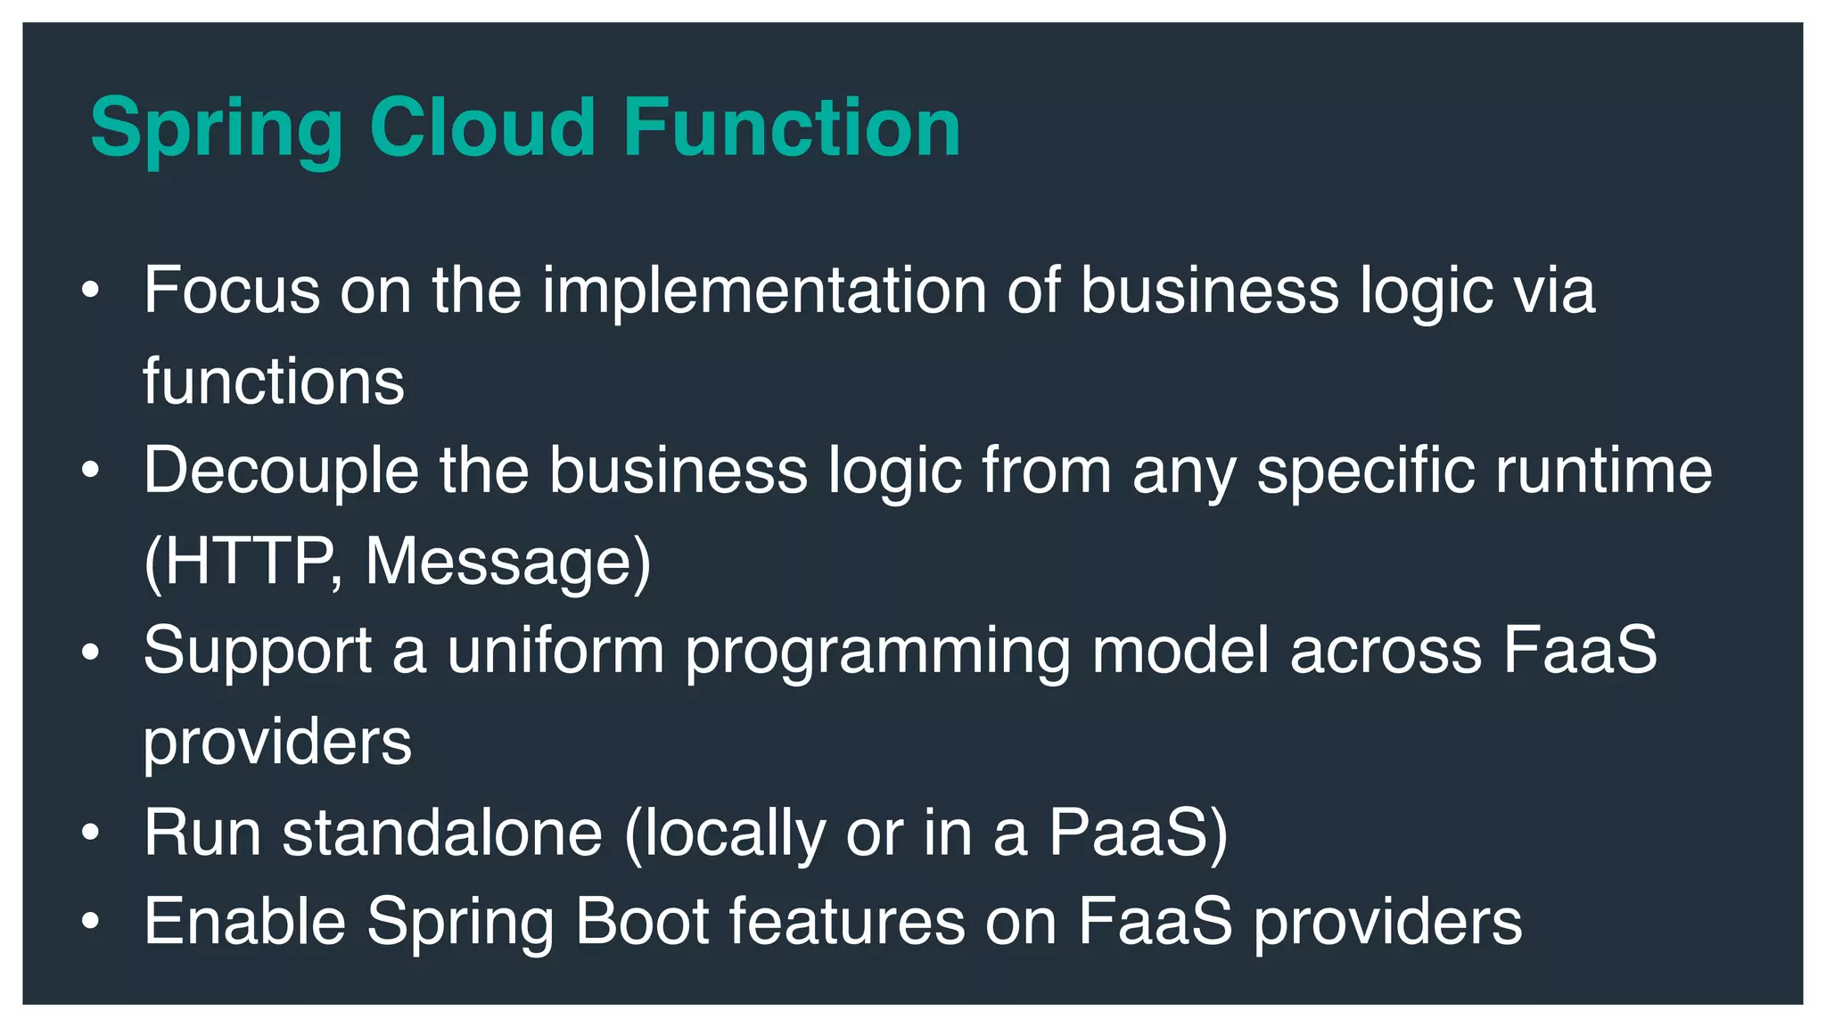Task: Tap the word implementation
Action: [764, 291]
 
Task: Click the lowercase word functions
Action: [274, 382]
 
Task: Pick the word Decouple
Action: [281, 471]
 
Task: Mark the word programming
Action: [877, 653]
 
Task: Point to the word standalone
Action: [442, 833]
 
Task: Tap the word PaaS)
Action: [1139, 833]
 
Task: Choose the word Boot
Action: [642, 922]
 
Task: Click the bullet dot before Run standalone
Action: [90, 833]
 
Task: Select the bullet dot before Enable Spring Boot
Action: [90, 922]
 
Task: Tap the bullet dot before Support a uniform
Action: [90, 653]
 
